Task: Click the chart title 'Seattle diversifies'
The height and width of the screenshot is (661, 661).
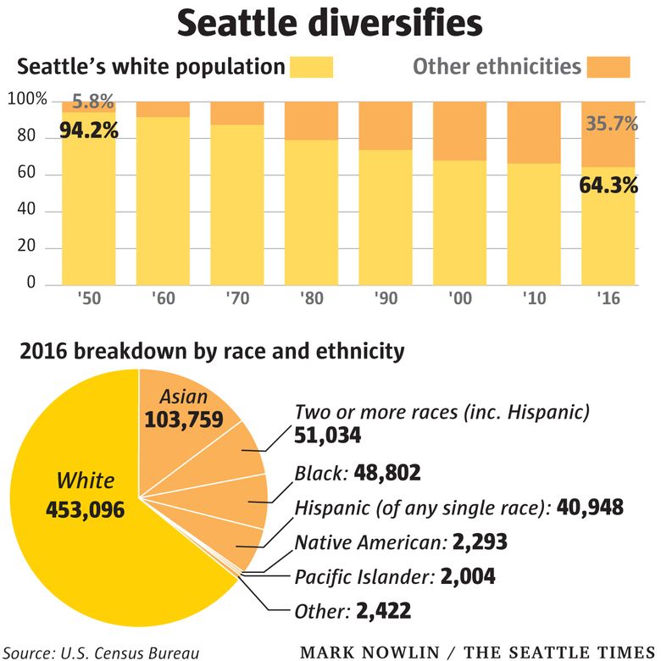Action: pos(330,25)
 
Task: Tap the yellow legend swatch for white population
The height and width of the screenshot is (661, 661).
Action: pos(311,67)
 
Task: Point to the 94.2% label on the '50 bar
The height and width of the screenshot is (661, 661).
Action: pos(88,132)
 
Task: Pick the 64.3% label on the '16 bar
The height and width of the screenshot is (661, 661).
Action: pos(608,185)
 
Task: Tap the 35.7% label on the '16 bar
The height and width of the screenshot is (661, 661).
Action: pos(608,125)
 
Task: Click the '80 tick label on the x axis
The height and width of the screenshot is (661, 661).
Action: pos(306,299)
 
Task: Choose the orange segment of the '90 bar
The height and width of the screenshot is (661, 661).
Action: pos(384,125)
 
